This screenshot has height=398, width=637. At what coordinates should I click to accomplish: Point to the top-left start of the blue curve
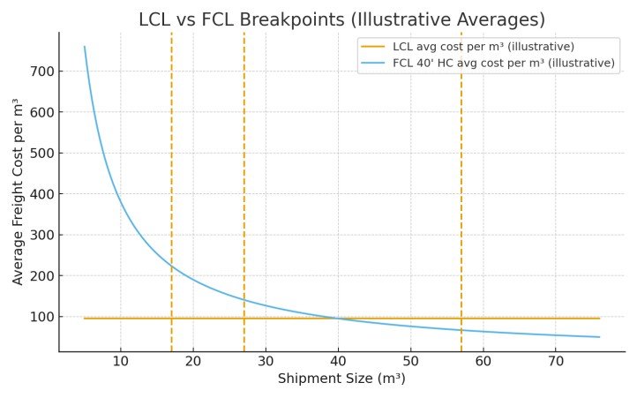click(x=85, y=47)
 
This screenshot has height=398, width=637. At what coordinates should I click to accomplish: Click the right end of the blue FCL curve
click(x=599, y=337)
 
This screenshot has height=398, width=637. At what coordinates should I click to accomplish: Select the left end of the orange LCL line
click(x=85, y=318)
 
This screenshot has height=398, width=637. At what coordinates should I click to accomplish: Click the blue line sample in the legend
click(x=374, y=63)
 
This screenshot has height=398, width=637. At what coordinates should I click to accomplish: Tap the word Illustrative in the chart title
click(x=438, y=19)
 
